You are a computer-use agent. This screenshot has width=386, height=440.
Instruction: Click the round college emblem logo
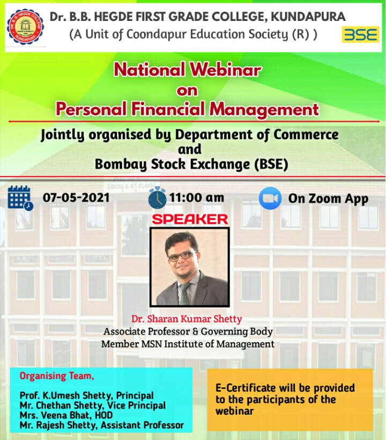coord(26,27)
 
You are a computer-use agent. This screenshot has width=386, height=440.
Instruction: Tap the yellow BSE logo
coord(360,34)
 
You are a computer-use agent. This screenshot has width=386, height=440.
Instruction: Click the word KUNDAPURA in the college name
coord(308,17)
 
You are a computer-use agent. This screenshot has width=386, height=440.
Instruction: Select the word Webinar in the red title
coord(225,70)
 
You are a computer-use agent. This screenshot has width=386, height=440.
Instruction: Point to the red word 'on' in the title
coord(187,91)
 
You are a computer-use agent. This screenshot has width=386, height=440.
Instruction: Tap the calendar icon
coord(20,198)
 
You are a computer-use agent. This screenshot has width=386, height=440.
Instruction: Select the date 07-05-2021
coord(76,197)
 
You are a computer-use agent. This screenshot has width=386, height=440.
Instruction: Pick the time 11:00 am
coord(197,197)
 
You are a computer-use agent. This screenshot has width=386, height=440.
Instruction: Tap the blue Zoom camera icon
coord(270,198)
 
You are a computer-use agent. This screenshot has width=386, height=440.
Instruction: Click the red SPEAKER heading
coord(190,219)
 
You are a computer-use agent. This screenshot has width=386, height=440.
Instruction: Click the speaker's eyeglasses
coord(182,256)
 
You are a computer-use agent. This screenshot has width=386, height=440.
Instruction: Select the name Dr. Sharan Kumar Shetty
coord(187,319)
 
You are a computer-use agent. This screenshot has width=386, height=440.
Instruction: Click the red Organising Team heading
coord(57,376)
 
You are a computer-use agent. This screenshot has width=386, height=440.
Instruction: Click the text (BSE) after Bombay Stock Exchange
coord(271,164)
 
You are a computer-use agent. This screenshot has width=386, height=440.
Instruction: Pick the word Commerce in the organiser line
coord(306,134)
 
